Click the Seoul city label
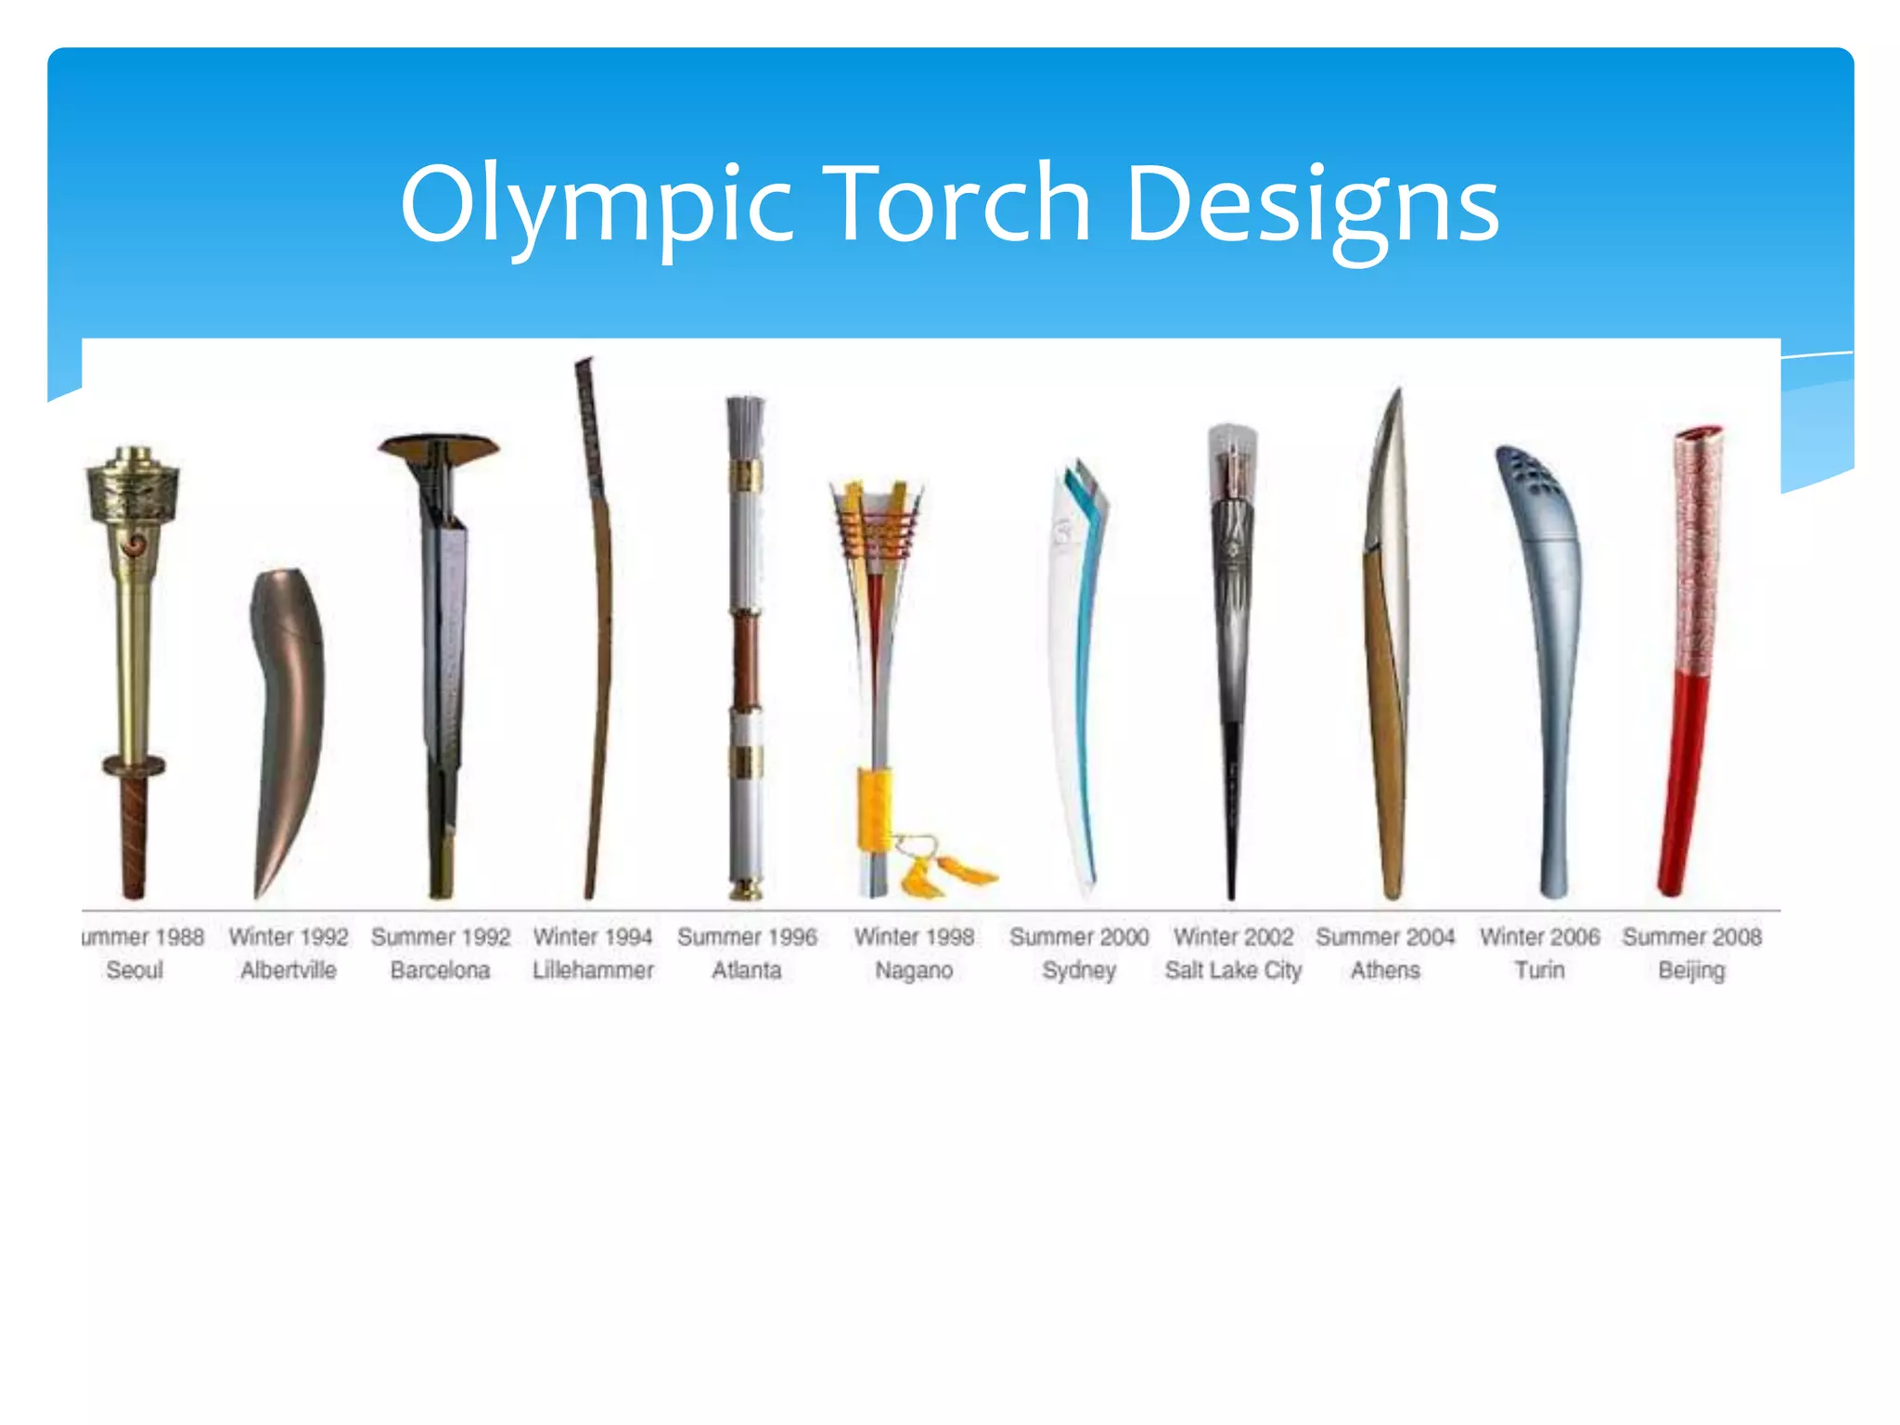pos(135,970)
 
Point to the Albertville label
pos(289,970)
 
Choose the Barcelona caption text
pos(440,970)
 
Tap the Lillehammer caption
pos(593,970)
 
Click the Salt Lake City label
pos(1233,970)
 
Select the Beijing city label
pos(1691,971)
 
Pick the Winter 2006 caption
pos(1539,937)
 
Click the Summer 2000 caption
pos(1079,937)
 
